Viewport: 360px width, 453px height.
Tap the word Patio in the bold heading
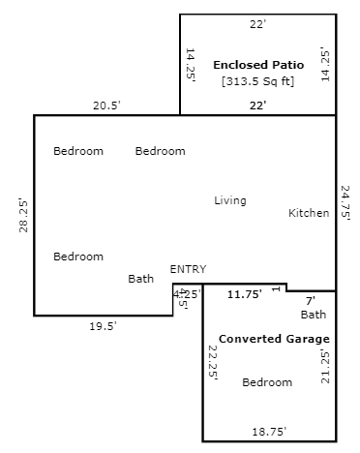[x=288, y=65]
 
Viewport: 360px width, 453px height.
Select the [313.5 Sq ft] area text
[x=258, y=81]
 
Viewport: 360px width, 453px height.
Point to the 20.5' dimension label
[x=106, y=106]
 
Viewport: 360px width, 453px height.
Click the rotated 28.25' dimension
[x=23, y=216]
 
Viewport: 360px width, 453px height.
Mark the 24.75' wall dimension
[x=345, y=203]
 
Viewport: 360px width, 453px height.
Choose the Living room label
[x=230, y=200]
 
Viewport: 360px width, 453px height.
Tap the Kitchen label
[x=309, y=213]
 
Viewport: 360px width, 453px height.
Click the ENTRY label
[x=188, y=269]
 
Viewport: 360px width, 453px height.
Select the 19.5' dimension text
[x=103, y=326]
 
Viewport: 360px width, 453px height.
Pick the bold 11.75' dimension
[x=245, y=294]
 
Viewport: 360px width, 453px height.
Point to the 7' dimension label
[x=311, y=301]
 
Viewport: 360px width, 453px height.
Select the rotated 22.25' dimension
[x=213, y=363]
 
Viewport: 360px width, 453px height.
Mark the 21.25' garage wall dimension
[x=325, y=366]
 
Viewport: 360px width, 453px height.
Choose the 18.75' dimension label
[x=269, y=432]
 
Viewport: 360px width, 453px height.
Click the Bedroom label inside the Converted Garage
[x=267, y=382]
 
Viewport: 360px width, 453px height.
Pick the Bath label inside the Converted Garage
[x=314, y=315]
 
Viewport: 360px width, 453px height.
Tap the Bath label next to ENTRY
[x=141, y=279]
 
